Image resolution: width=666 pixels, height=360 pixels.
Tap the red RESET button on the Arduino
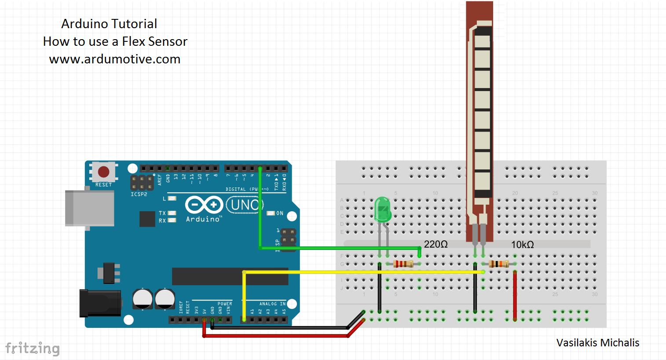103,172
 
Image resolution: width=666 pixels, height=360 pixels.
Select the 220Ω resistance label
435,244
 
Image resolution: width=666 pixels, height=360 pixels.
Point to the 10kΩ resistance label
522,245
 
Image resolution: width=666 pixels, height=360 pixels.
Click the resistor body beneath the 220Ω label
403,264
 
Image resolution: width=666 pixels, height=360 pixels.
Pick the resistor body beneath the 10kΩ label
498,264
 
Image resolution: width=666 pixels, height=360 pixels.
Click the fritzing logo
32,348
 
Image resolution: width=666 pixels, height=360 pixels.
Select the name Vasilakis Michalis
597,343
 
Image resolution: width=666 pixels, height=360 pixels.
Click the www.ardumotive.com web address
114,59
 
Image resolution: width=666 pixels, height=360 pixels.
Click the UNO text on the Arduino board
244,205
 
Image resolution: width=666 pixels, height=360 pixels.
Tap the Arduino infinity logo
204,205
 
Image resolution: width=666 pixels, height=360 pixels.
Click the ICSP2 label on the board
139,194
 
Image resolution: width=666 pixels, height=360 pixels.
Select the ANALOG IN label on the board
272,304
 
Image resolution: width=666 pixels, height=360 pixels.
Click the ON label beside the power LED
280,213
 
